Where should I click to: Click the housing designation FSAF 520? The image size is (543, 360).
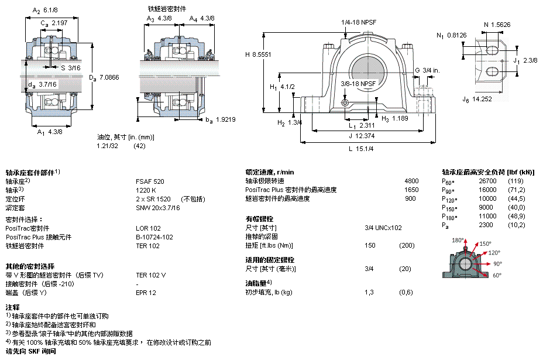(x=150, y=181)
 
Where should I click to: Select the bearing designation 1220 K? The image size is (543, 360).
(x=146, y=190)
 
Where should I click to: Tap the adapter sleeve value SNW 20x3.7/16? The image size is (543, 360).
(x=158, y=208)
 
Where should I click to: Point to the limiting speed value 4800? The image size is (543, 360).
(x=411, y=181)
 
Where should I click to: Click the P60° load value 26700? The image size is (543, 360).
(x=487, y=181)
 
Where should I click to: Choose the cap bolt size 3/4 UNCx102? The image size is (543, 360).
(x=383, y=228)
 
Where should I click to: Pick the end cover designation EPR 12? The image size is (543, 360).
(x=146, y=293)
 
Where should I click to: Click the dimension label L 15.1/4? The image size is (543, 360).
(x=361, y=149)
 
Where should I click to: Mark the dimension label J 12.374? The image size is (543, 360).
(x=362, y=136)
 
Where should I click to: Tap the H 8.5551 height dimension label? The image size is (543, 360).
(x=258, y=54)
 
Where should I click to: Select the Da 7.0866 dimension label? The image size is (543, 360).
(x=104, y=78)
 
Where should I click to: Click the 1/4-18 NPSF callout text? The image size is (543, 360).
(x=359, y=22)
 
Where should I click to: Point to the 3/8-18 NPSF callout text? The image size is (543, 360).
(x=358, y=84)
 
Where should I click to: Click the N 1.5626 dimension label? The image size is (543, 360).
(x=497, y=25)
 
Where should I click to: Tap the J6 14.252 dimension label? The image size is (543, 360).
(x=477, y=100)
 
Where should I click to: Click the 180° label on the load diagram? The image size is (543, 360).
(x=458, y=240)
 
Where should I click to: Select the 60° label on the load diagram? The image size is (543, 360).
(x=497, y=275)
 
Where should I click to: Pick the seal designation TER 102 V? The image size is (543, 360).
(x=150, y=275)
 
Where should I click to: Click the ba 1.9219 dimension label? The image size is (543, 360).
(x=220, y=120)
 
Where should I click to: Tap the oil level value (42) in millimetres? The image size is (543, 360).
(x=140, y=146)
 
